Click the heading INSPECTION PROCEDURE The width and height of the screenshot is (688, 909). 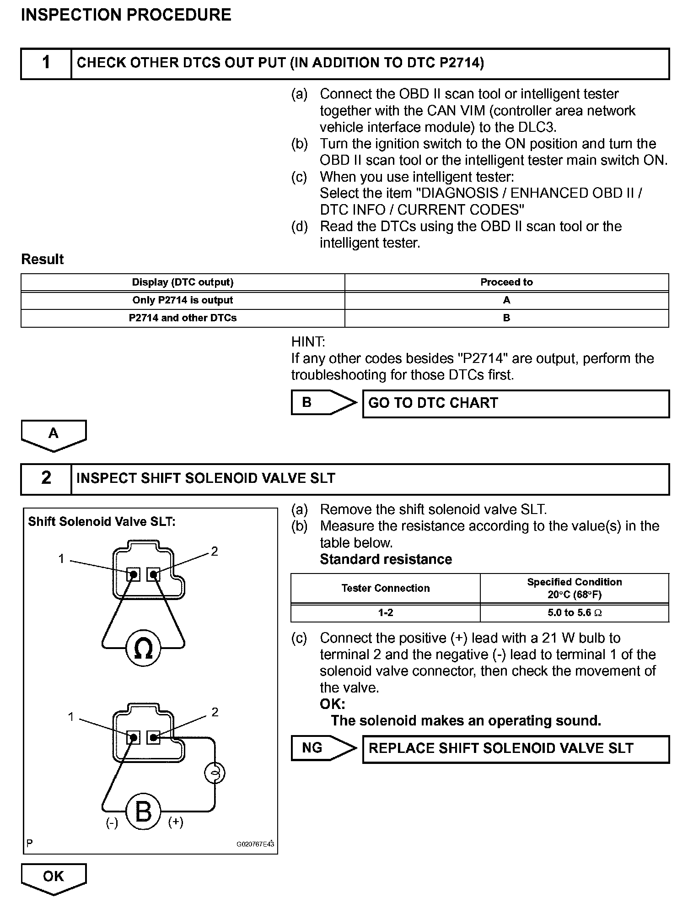pyautogui.click(x=126, y=15)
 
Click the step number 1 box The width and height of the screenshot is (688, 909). pyautogui.click(x=46, y=63)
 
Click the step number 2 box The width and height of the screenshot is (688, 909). pyautogui.click(x=46, y=478)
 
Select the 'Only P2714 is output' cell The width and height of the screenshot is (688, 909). pyautogui.click(x=183, y=300)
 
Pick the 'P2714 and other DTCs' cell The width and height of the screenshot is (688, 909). pyautogui.click(x=183, y=318)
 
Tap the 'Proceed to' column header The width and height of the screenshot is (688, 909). pyautogui.click(x=506, y=282)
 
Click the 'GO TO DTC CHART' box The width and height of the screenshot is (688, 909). pyautogui.click(x=516, y=403)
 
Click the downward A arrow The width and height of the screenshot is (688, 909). pyautogui.click(x=54, y=434)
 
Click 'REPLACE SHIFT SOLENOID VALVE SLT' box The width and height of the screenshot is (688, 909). pyautogui.click(x=516, y=748)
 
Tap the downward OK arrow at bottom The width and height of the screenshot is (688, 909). pyautogui.click(x=54, y=878)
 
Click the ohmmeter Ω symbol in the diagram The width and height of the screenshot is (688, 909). pyautogui.click(x=143, y=649)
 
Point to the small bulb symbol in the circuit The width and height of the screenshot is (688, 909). pyautogui.click(x=215, y=774)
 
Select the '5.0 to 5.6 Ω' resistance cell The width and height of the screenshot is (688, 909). pyautogui.click(x=575, y=612)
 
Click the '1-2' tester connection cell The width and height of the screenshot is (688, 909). pyautogui.click(x=386, y=612)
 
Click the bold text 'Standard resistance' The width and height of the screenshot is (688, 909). pyautogui.click(x=386, y=559)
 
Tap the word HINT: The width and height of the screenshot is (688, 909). pyautogui.click(x=308, y=342)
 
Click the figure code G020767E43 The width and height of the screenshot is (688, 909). pyautogui.click(x=255, y=844)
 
